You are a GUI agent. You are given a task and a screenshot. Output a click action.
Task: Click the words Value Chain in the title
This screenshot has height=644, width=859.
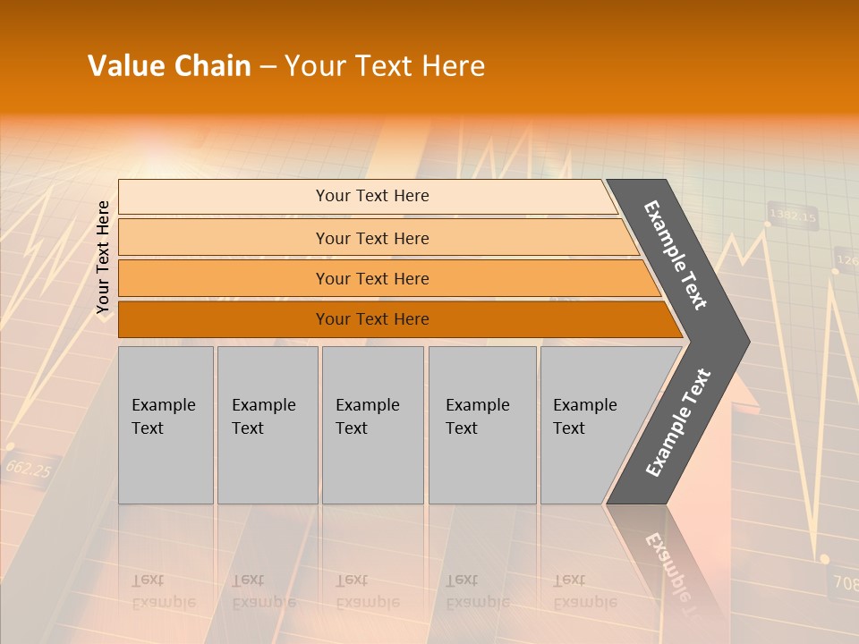tap(169, 66)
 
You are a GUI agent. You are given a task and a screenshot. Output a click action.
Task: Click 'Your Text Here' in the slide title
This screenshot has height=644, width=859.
tap(385, 66)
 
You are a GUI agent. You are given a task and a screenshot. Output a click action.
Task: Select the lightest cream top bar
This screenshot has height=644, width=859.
tap(371, 196)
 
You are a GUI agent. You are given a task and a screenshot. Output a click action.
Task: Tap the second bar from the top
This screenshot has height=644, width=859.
tap(371, 238)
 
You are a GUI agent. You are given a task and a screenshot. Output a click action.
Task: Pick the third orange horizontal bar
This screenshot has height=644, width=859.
tap(371, 278)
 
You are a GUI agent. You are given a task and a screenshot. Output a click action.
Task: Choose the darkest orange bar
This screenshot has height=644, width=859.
tap(371, 319)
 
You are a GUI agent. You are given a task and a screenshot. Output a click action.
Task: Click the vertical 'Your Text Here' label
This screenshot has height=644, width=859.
tap(103, 257)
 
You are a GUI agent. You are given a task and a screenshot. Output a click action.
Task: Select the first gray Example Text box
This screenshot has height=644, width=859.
tap(166, 425)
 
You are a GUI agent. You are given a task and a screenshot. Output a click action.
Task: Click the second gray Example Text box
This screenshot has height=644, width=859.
tap(267, 425)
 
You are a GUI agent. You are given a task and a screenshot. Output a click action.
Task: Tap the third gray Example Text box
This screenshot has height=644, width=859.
tap(371, 425)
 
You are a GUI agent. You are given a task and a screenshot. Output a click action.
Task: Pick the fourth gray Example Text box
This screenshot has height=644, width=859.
tap(481, 425)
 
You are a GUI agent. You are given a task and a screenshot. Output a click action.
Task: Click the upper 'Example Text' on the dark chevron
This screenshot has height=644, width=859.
tap(675, 255)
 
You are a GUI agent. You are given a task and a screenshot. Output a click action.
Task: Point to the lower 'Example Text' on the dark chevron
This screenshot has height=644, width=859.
tap(677, 422)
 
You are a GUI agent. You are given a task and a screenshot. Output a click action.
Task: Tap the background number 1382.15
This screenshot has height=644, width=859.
tap(793, 216)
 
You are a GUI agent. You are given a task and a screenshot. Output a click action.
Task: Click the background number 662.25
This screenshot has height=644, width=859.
tap(28, 468)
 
